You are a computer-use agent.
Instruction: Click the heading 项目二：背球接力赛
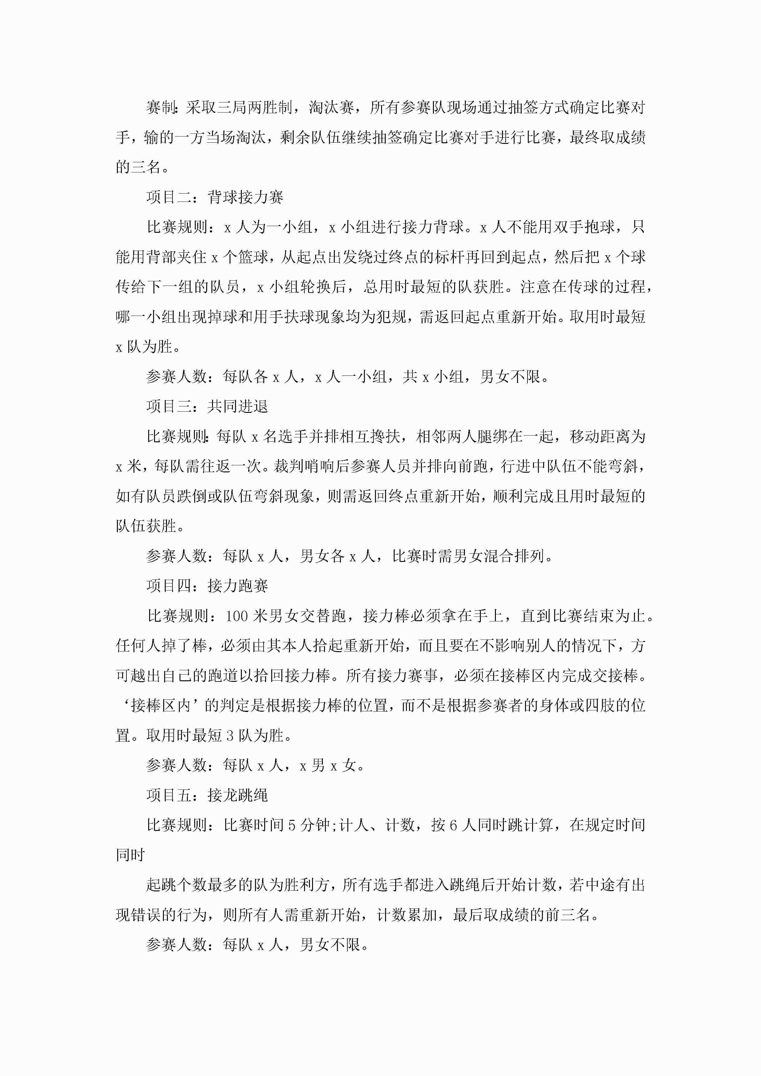coord(215,197)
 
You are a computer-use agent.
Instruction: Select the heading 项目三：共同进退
coord(207,406)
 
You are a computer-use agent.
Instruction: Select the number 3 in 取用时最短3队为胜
coord(230,735)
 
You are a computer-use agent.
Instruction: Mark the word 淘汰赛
coord(331,108)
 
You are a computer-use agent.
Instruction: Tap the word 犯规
coord(391,317)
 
